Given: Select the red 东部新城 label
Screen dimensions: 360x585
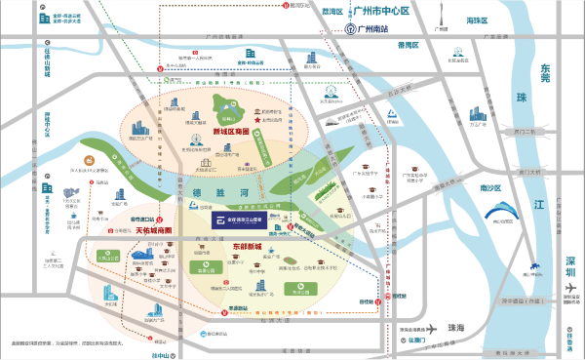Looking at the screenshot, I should [223, 244].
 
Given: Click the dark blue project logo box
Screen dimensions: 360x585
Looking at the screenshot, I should [243, 220].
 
